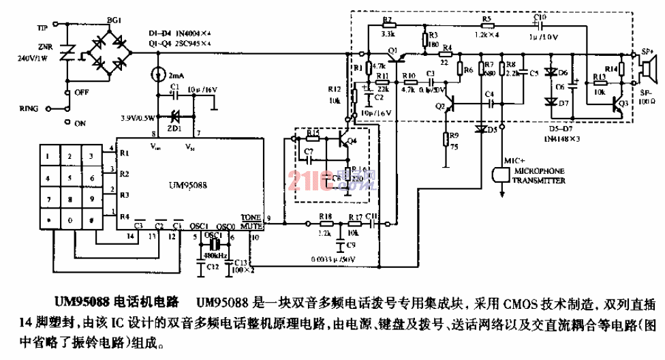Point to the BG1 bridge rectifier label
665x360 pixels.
point(114,22)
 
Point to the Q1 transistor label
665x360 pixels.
point(392,51)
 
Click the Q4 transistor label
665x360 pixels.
point(352,141)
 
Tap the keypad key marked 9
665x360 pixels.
point(91,200)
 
